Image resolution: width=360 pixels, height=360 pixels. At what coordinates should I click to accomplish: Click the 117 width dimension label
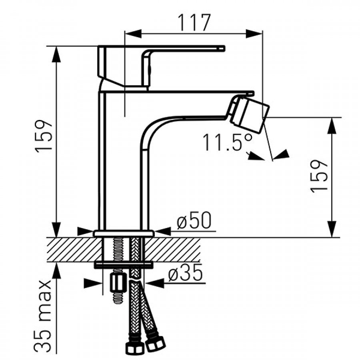pos(194,22)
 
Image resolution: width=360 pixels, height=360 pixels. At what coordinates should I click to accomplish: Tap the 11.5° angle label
pos(228,142)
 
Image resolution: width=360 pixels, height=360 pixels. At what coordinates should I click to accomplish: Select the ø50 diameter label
pos(194,220)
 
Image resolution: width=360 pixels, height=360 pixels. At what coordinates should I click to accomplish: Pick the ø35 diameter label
pos(186,272)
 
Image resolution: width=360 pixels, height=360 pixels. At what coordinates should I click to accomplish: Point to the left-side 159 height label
pos(43,136)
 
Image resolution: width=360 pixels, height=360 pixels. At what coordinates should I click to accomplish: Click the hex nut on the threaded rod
pos(118,283)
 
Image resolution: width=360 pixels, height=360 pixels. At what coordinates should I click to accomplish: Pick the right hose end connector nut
pos(155,344)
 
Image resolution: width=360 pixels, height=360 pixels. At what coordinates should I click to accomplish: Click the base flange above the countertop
pos(124,234)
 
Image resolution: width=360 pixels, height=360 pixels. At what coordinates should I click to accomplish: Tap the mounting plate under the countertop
pos(124,265)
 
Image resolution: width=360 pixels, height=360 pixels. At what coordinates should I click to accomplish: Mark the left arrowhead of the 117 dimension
pos(133,34)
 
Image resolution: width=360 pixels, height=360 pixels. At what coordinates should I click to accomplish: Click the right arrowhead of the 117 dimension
pos(254,34)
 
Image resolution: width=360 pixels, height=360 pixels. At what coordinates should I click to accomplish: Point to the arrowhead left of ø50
pos(85,231)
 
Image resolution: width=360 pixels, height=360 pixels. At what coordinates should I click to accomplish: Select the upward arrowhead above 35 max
pos(56,271)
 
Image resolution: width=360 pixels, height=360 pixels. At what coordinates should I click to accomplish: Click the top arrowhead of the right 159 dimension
pos(332,126)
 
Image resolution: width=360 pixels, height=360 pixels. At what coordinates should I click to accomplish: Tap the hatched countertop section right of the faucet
pos(173,250)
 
